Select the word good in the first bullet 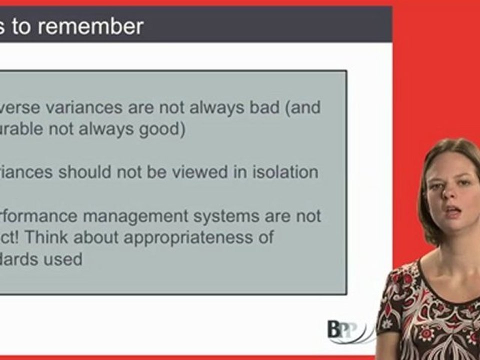tap(158, 129)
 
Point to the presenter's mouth tap(452, 210)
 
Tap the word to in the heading tap(22, 26)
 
